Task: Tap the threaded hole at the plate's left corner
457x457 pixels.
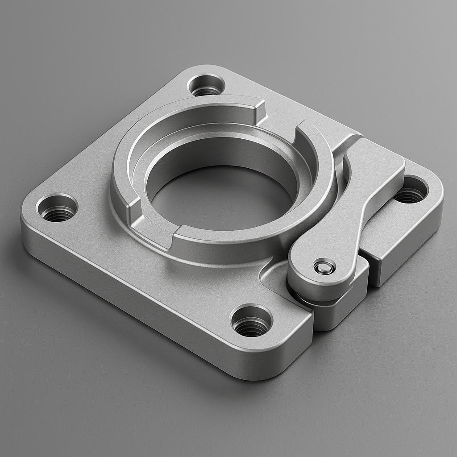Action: point(57,208)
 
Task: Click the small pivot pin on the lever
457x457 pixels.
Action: point(324,267)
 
